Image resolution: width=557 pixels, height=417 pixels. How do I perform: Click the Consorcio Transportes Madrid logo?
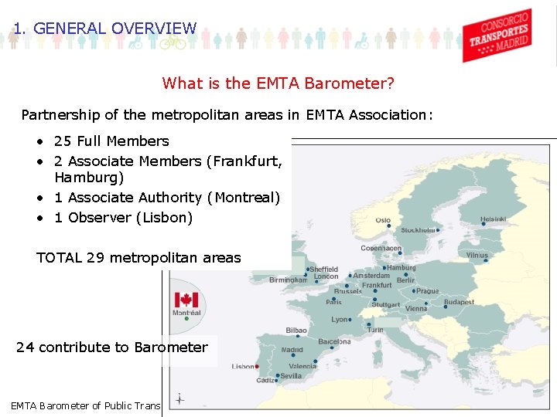497,35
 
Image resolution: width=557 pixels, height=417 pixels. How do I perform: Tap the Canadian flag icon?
186,300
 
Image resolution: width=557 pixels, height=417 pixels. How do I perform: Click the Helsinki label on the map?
494,219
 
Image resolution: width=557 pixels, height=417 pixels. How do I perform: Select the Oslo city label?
383,220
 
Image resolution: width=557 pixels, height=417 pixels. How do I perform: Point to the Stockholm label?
418,230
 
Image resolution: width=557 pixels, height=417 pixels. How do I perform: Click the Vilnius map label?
477,255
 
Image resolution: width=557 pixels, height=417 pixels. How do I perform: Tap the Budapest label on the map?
459,302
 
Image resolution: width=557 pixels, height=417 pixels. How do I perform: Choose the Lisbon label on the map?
243,366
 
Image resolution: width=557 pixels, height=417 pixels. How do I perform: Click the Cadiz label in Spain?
265,380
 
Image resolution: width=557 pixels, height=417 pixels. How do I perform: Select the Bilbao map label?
296,330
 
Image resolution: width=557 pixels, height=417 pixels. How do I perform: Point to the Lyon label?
340,319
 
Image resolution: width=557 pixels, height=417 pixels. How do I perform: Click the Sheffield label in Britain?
325,269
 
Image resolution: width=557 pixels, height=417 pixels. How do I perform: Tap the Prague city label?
428,291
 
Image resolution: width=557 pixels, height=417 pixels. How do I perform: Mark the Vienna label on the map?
415,308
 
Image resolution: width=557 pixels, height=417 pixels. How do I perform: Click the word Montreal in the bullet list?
246,198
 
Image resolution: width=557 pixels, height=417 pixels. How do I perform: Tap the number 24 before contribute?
25,347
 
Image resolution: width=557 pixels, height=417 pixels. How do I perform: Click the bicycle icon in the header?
173,43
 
